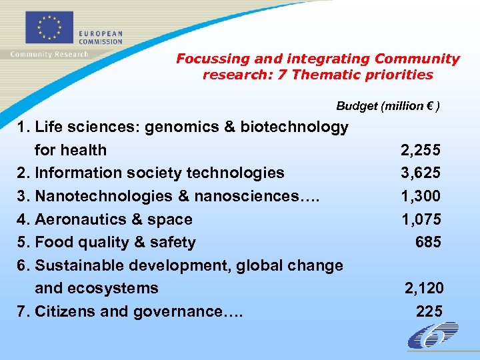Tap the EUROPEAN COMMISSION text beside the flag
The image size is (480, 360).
click(101, 37)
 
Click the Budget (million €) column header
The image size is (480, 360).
click(387, 106)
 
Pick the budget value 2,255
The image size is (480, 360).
click(420, 150)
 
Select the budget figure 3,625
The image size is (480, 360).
click(420, 173)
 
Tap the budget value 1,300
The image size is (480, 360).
click(420, 196)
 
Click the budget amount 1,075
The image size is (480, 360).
click(420, 219)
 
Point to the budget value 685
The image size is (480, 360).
click(428, 243)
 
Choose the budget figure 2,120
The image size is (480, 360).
click(424, 289)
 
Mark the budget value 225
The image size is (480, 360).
click(429, 311)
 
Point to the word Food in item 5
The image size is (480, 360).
click(53, 243)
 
